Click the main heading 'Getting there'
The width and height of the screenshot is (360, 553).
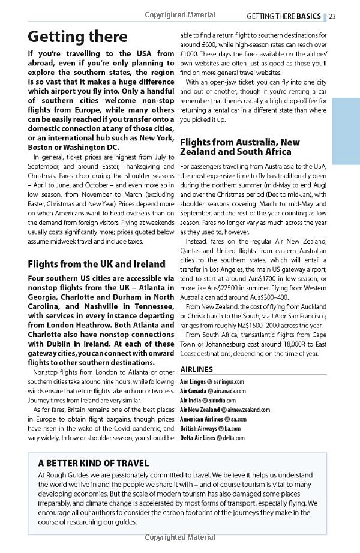point(78,37)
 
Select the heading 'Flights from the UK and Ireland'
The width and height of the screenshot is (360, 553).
point(97,263)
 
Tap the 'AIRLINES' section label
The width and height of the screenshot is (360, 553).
point(197,369)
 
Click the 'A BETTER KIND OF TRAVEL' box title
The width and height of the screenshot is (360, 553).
point(94,463)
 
